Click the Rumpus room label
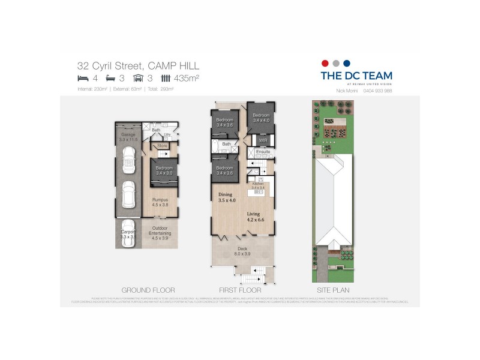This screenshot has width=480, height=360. [x=160, y=202]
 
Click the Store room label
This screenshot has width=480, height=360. [x=162, y=146]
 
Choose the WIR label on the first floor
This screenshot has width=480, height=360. [x=262, y=141]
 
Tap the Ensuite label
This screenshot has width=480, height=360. [x=263, y=152]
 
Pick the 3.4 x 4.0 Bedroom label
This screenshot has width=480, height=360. [x=261, y=118]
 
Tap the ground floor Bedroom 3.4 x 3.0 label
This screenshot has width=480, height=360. [x=164, y=170]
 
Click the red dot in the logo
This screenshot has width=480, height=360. [x=325, y=63]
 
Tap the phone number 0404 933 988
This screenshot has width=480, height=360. [x=377, y=91]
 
